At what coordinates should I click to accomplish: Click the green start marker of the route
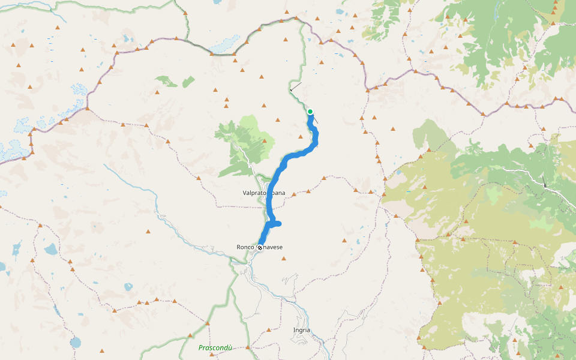310,112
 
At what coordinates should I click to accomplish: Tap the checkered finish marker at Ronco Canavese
260,247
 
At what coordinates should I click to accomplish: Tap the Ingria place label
301,330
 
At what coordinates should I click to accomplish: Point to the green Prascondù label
215,347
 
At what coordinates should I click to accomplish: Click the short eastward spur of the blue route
277,224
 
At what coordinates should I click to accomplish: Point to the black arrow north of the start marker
295,88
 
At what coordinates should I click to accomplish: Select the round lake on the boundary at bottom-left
75,343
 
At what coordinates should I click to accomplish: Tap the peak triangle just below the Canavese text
284,259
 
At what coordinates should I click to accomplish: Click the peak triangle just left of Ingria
269,329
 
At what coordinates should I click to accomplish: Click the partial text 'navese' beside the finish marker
274,247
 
